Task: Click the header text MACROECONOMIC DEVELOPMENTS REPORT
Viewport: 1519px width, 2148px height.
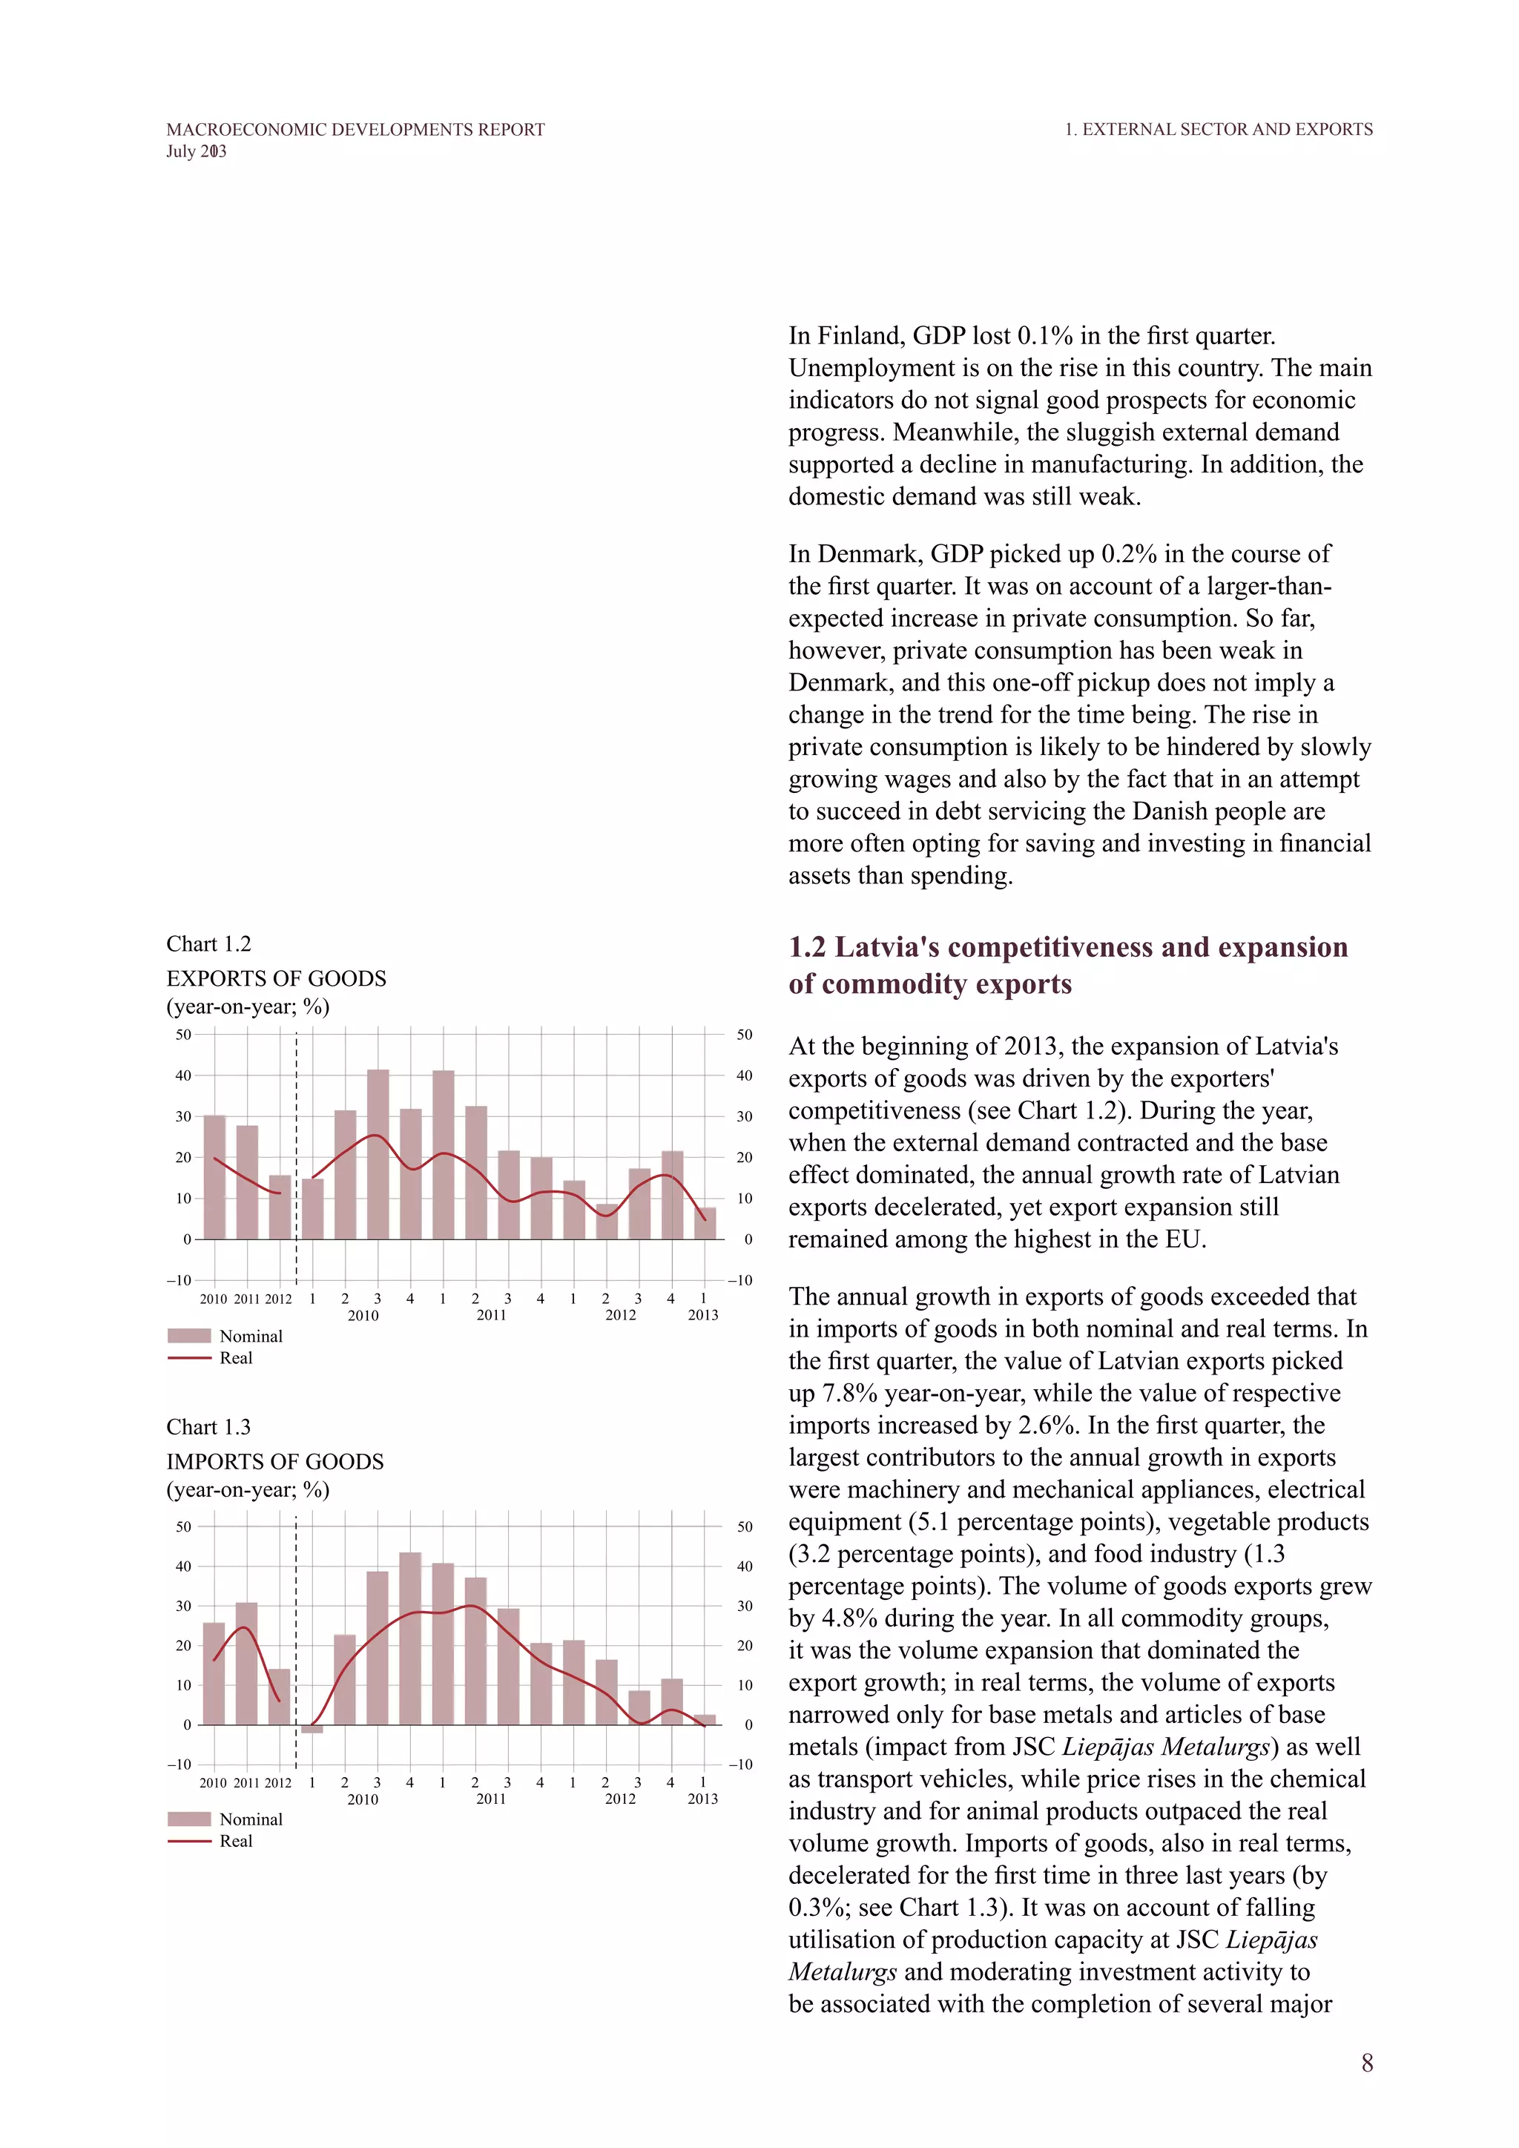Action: (x=355, y=129)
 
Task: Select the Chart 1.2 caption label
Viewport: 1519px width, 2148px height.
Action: (x=208, y=944)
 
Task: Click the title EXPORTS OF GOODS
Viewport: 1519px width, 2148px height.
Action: (x=276, y=978)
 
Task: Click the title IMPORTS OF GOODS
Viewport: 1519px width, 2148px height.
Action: (x=275, y=1461)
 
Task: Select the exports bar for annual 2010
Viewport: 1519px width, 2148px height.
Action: (x=214, y=1177)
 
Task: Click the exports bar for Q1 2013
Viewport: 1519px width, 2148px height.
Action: (x=705, y=1224)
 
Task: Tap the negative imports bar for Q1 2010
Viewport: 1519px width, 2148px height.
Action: (x=312, y=1729)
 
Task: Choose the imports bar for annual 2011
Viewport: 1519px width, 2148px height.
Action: (x=246, y=1664)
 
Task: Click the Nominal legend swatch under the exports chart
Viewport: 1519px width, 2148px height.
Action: (x=189, y=1336)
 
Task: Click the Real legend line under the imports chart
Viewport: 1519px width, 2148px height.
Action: (x=189, y=1841)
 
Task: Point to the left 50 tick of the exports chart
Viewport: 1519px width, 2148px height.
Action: (x=183, y=1035)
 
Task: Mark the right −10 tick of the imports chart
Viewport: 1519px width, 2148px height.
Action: (x=740, y=1765)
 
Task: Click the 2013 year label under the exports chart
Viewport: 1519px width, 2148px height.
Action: (x=702, y=1315)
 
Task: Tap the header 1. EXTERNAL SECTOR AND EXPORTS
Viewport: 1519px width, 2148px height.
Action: (x=1218, y=129)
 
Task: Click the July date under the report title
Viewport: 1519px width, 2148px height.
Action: (x=197, y=151)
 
